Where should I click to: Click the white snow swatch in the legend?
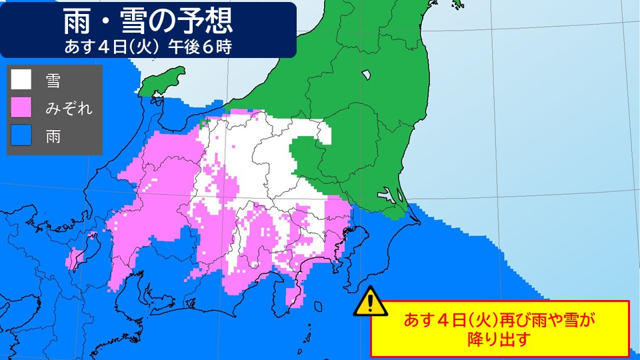click(21, 81)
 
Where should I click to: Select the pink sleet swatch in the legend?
click(21, 109)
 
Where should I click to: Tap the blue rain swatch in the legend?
click(21, 137)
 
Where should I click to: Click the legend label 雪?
click(53, 81)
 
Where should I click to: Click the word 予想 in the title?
click(206, 23)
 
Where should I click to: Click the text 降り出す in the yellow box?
click(499, 338)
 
